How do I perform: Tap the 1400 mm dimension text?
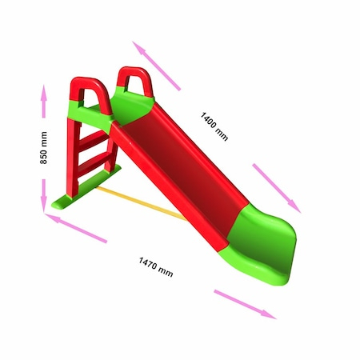point(214,126)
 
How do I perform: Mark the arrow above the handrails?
point(158,62)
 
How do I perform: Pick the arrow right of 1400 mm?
point(276,187)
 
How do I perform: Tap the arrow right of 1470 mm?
point(244,304)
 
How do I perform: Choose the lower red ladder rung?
point(94,163)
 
